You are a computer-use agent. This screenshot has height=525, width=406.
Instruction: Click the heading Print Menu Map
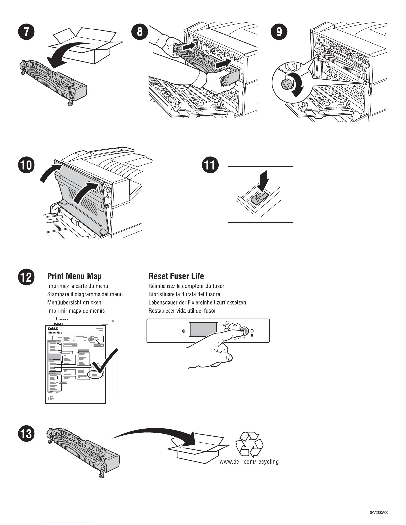pyautogui.click(x=74, y=276)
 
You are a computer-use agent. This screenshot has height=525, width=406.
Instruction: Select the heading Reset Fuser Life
pyautogui.click(x=176, y=276)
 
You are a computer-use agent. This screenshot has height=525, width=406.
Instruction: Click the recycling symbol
pyautogui.click(x=249, y=444)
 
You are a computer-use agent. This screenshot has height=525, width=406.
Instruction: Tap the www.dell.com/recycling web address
pyautogui.click(x=249, y=462)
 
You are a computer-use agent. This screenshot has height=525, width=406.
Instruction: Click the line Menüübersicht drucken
pyautogui.click(x=74, y=303)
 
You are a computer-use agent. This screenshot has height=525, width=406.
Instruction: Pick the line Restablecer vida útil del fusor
pyautogui.click(x=182, y=311)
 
